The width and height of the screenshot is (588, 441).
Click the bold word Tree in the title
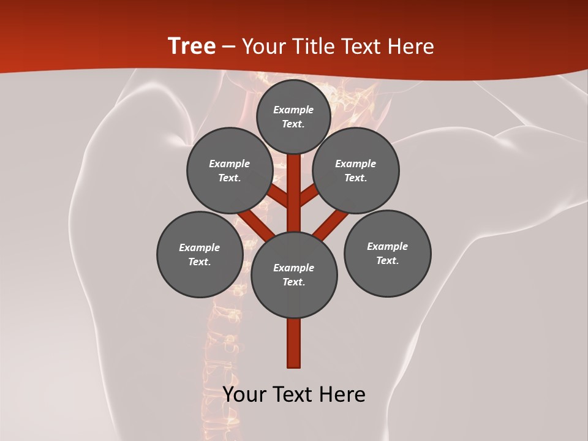coord(192,46)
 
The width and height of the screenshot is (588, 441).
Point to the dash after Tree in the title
coord(228,47)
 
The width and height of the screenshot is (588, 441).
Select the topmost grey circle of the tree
coord(293,116)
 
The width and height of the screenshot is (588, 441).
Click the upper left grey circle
coord(230,170)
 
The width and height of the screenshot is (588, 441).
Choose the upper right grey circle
coord(356,170)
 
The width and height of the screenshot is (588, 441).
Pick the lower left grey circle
coord(200,254)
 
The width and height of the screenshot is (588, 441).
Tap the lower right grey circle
coord(387,253)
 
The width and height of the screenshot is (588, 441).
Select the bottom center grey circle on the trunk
coord(294,274)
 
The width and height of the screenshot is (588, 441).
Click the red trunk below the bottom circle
coord(294,343)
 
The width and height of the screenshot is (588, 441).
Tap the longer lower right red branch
coord(331,224)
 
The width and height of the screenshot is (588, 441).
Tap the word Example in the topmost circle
coord(293,110)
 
